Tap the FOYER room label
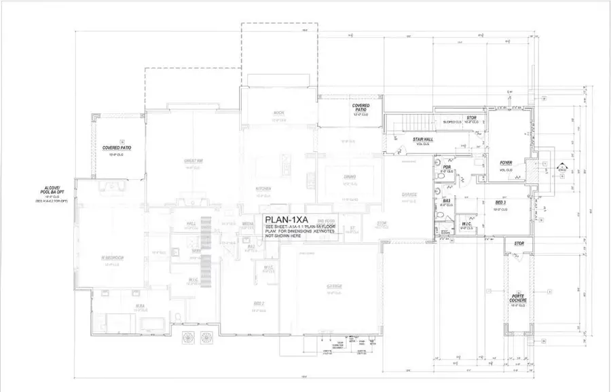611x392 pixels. coord(506,163)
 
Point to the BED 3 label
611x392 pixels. coord(500,202)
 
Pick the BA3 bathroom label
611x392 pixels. coord(447,201)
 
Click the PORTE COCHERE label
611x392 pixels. coord(519,299)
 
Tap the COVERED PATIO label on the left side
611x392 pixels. coord(117,147)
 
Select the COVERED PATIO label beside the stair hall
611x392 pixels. coord(360,108)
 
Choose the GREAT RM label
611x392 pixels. coord(193,161)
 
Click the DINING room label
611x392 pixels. coord(350,177)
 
